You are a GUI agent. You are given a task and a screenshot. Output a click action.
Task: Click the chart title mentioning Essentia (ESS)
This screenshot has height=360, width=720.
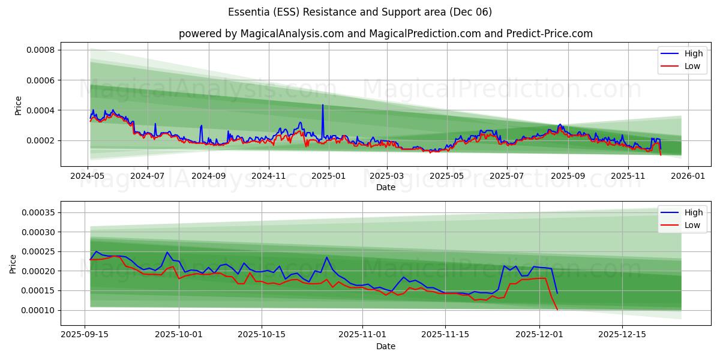pyautogui.click(x=360, y=12)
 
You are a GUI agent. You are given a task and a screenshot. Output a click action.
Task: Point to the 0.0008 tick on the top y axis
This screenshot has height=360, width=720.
pyautogui.click(x=40, y=50)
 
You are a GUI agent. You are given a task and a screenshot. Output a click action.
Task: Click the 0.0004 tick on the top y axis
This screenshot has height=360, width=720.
pyautogui.click(x=40, y=110)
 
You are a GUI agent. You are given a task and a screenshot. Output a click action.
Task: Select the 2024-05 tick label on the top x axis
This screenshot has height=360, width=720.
pyautogui.click(x=88, y=176)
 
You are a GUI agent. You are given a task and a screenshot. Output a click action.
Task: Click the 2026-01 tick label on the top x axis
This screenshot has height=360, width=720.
pyautogui.click(x=688, y=176)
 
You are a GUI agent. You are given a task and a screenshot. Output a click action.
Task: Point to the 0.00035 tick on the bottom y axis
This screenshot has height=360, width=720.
pyautogui.click(x=38, y=212)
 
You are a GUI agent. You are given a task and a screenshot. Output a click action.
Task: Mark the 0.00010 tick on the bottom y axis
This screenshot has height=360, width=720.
pyautogui.click(x=38, y=310)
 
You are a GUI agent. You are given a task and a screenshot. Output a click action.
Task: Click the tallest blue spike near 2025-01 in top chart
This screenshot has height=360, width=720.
pyautogui.click(x=323, y=105)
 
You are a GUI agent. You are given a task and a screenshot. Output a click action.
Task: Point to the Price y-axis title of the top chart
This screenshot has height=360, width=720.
pyautogui.click(x=19, y=106)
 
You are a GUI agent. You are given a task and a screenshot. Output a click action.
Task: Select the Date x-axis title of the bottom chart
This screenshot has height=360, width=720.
pyautogui.click(x=385, y=346)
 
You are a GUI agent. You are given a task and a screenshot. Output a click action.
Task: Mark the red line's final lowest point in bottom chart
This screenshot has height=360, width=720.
pyautogui.click(x=557, y=310)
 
